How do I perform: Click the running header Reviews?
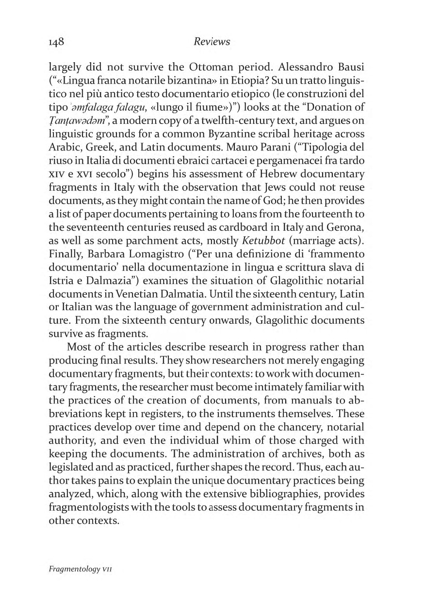click(212, 42)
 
